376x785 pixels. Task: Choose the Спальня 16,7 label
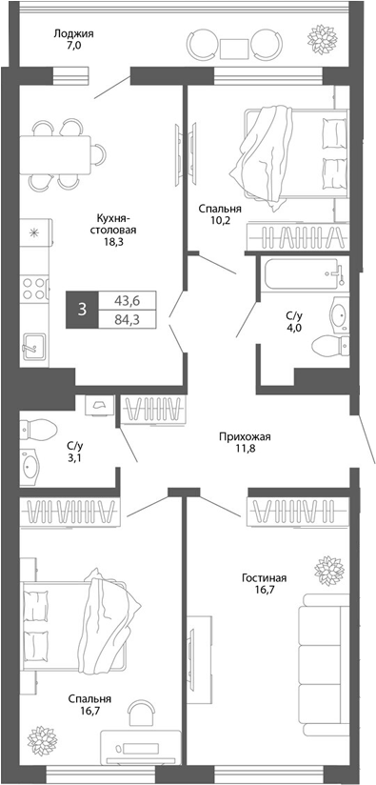(x=90, y=704)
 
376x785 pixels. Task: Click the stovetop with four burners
(x=33, y=285)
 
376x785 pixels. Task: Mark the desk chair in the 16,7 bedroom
(x=140, y=711)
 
